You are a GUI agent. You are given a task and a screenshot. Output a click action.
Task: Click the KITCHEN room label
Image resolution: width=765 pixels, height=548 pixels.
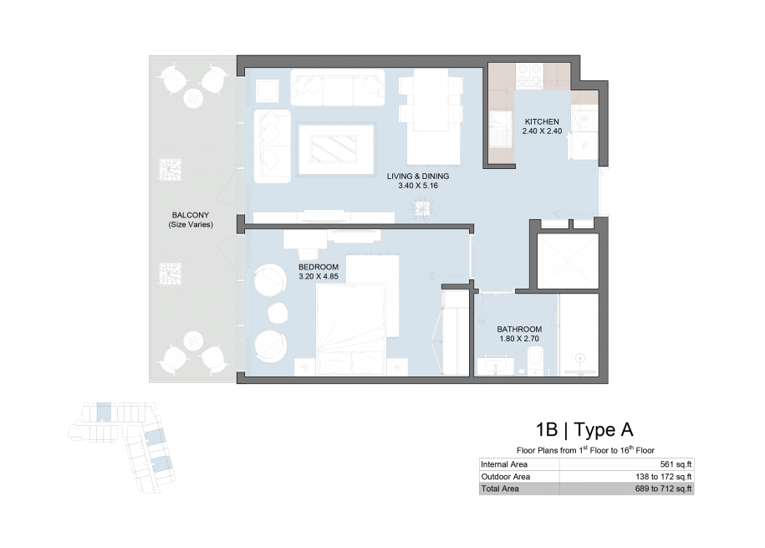[x=542, y=121]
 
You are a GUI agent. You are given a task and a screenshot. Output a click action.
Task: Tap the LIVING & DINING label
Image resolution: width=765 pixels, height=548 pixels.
[x=418, y=177]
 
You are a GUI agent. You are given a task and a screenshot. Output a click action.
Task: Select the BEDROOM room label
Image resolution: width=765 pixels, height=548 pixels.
[x=319, y=267]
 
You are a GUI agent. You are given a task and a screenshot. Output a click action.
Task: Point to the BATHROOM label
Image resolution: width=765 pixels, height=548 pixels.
[x=519, y=329]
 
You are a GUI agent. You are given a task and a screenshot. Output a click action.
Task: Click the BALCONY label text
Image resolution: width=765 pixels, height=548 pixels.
[x=191, y=215]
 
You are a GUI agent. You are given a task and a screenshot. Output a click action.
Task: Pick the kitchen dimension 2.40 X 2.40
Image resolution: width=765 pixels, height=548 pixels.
[x=542, y=131]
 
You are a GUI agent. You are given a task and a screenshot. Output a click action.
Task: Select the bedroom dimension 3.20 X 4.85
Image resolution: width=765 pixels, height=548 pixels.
[x=319, y=276]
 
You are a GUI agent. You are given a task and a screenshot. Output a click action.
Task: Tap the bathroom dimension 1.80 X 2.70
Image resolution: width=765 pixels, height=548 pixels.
[x=519, y=339]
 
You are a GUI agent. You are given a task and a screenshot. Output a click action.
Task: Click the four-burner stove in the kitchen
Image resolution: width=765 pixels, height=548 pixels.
[x=529, y=75]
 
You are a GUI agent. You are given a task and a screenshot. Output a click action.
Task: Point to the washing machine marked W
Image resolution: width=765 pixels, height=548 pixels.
[x=584, y=119]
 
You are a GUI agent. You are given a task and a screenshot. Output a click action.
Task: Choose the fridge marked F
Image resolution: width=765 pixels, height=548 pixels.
[x=584, y=146]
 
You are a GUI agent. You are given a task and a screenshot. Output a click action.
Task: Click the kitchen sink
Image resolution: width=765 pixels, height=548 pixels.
[x=500, y=129]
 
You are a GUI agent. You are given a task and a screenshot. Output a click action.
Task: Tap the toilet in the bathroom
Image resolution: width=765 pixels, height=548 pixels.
[x=535, y=361]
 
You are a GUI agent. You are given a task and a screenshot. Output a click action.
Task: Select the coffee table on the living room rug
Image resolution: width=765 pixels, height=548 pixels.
[x=334, y=148]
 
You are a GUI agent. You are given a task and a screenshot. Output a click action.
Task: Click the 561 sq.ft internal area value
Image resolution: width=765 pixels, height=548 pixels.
[x=676, y=464]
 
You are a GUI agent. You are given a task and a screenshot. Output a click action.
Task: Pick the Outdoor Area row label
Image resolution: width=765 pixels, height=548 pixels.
[x=506, y=477]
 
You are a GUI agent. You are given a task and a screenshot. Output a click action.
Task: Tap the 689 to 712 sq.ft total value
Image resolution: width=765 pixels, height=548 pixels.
[x=664, y=489]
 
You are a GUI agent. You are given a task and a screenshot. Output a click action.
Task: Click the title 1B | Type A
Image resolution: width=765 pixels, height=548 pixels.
[x=584, y=430]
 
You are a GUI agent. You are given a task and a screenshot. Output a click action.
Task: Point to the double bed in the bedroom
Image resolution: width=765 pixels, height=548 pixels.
[x=351, y=330]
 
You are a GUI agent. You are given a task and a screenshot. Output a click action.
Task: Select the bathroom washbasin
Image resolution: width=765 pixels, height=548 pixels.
[x=495, y=366]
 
